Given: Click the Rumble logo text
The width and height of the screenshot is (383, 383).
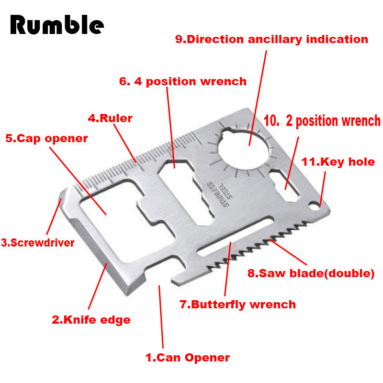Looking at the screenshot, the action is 57,24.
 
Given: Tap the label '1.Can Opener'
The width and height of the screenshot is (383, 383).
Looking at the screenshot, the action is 188,358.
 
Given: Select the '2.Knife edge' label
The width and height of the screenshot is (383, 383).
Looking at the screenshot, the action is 91,320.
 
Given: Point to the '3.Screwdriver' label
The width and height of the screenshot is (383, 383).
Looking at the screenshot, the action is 38,243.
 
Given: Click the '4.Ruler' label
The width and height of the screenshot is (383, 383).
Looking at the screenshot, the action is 110,118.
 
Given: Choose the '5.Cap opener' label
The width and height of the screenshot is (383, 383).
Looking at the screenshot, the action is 46,139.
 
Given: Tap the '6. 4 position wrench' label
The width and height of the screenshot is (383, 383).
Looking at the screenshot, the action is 183,81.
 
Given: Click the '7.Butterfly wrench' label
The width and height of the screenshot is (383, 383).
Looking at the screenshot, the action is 237,304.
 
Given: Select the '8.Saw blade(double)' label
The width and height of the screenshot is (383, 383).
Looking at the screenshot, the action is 311,273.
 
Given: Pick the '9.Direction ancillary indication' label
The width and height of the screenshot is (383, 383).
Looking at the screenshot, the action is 271,39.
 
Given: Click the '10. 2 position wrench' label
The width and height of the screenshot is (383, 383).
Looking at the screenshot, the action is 322,121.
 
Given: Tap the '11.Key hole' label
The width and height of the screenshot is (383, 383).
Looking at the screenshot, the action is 338,162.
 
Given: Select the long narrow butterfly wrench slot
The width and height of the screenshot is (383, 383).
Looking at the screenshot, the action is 236,236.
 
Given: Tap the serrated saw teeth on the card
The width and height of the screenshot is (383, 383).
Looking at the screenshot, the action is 257,245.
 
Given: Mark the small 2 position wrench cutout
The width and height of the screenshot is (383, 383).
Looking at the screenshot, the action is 284,185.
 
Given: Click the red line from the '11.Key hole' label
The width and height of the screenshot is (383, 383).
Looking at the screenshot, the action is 322,189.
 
